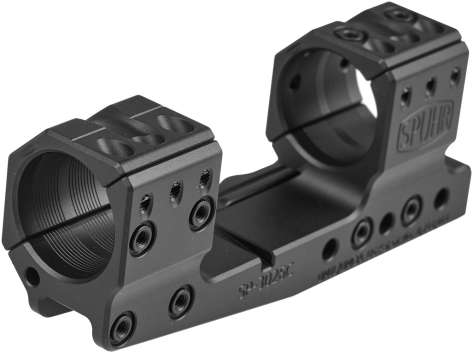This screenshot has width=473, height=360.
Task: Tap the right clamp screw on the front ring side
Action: click(202, 212)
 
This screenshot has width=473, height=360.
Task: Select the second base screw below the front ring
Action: click(181, 300)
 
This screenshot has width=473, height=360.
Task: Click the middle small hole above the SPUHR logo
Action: click(430, 88)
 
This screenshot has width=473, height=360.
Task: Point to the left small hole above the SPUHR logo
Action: click(406, 97)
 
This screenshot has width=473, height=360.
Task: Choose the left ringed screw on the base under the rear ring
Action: click(361, 233)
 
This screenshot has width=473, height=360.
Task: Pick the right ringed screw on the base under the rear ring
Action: click(411, 210)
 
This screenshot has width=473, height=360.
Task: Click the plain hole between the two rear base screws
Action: click(387, 223)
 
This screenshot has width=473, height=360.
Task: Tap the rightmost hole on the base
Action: click(441, 197)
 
